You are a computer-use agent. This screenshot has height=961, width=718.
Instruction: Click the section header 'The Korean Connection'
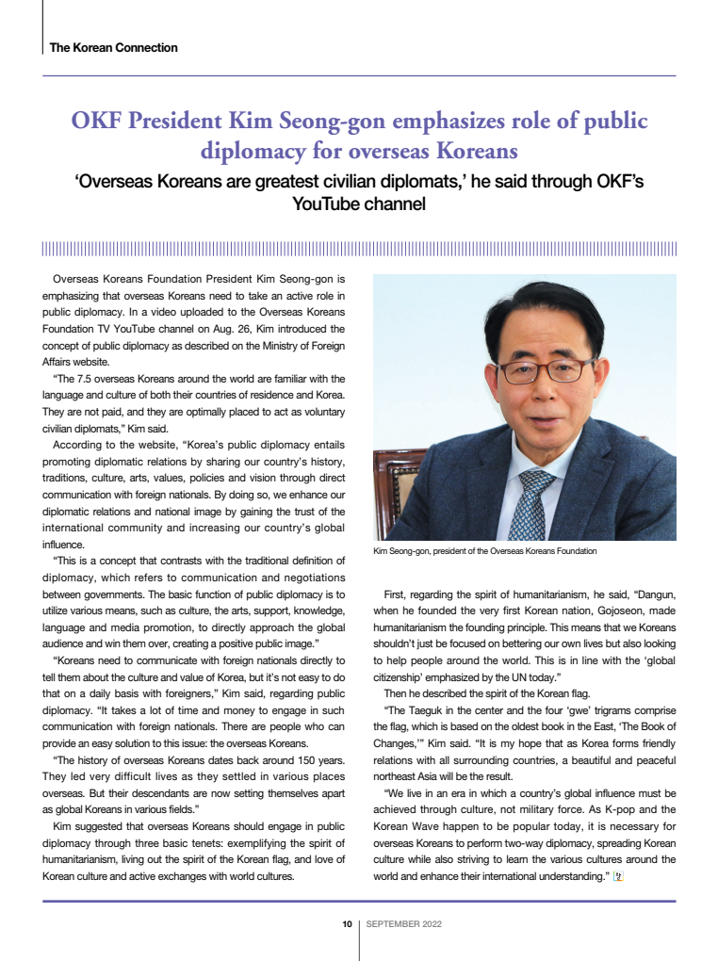point(113,47)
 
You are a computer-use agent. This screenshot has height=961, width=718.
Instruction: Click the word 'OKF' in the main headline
point(99,122)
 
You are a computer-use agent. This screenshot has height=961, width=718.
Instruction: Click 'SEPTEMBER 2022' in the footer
point(403,924)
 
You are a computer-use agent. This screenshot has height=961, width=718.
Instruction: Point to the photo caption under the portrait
point(484,550)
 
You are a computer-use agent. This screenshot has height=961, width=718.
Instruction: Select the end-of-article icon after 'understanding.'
point(619,876)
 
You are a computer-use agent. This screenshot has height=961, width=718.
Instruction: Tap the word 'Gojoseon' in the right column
point(592,611)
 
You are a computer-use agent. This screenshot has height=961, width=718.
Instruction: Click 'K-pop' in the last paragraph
point(603,809)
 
